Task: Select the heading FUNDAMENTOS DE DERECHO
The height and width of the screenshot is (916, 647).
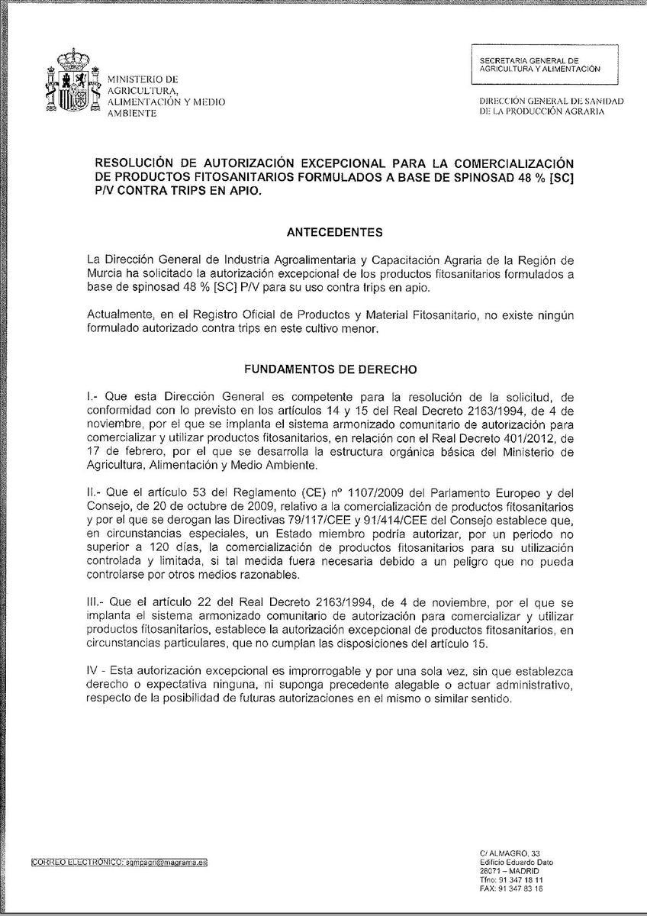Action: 330,369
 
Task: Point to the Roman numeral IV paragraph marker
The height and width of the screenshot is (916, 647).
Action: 94,669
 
